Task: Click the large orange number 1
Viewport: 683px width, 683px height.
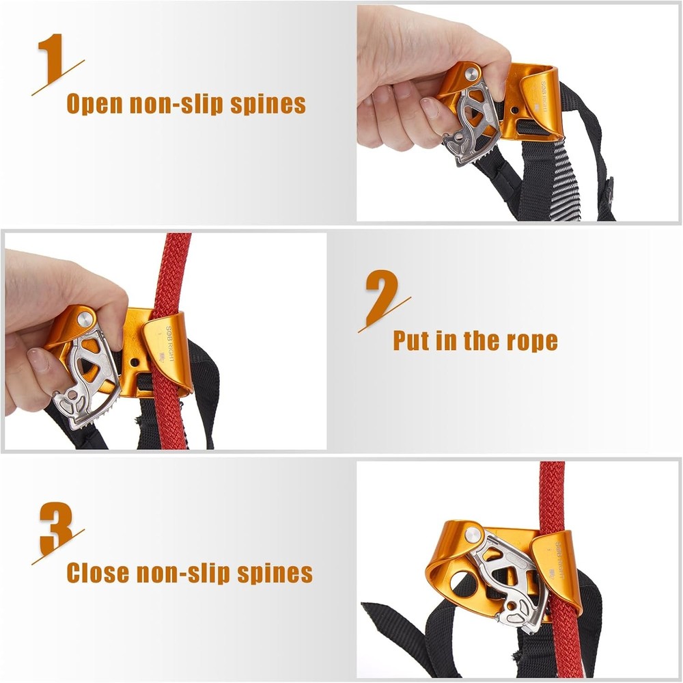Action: pyautogui.click(x=53, y=59)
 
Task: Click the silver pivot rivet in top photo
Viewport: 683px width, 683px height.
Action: pyautogui.click(x=471, y=72)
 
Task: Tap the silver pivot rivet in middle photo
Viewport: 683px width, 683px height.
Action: pyautogui.click(x=84, y=317)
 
